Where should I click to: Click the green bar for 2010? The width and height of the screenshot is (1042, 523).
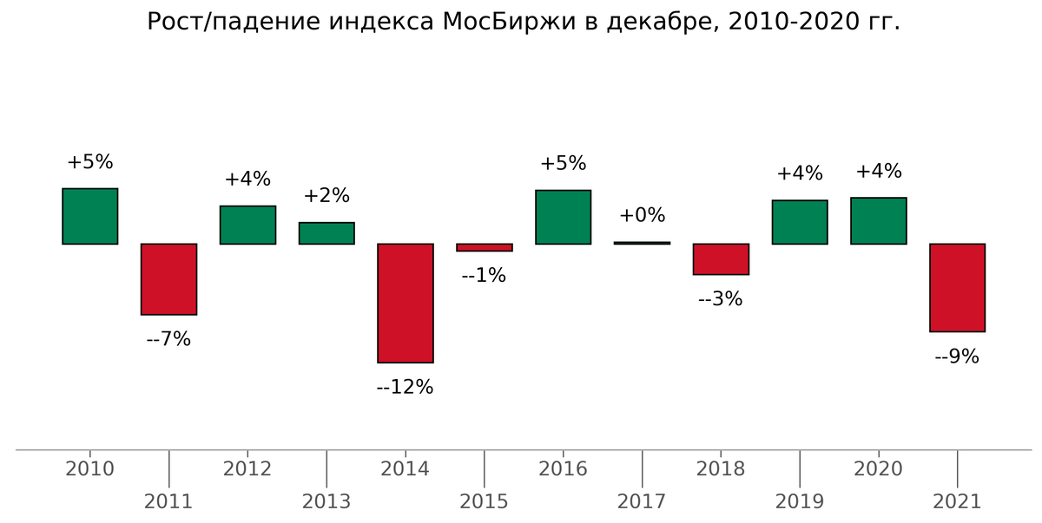pos(89,216)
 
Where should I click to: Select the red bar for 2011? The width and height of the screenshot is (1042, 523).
pos(168,278)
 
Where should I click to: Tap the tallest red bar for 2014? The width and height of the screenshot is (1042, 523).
pos(405,303)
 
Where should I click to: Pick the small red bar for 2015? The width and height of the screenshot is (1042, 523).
pos(484,247)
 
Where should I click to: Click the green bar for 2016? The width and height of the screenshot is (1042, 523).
pos(563,217)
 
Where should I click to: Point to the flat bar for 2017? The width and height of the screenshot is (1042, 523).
pos(642,243)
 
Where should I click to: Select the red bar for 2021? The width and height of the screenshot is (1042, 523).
pos(957,287)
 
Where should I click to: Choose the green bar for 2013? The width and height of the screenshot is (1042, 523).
pos(326,233)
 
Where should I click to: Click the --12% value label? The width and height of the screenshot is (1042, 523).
pos(405,387)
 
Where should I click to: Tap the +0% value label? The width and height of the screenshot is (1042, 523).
pos(642,215)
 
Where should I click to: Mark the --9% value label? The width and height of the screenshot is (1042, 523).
pos(957,356)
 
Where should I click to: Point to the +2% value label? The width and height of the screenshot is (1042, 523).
pos(326,195)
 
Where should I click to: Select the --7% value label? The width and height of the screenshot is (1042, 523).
pos(168,339)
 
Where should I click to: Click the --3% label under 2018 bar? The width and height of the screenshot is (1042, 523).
pos(721,298)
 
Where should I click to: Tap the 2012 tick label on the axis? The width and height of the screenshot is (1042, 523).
pos(247,469)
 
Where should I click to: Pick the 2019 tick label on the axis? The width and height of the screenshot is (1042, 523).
pos(800,501)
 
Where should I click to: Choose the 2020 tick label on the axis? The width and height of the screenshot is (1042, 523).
pos(879,469)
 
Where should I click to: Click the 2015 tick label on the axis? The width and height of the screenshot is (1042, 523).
pos(484,501)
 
